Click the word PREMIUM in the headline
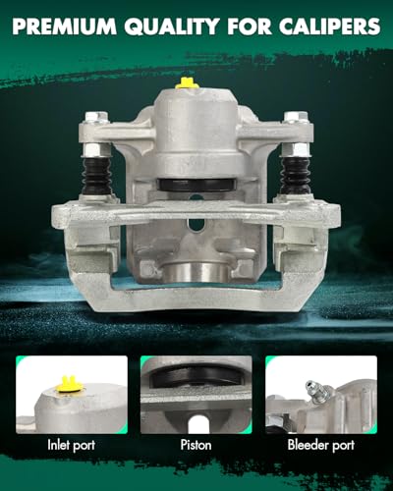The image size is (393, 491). pyautogui.click(x=65, y=27)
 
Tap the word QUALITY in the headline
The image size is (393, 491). pyautogui.click(x=172, y=27)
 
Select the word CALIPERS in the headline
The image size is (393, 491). pyautogui.click(x=330, y=27)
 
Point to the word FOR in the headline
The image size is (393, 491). pyautogui.click(x=250, y=27)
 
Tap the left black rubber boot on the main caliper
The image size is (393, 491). pyautogui.click(x=95, y=175)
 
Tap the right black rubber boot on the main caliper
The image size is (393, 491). pyautogui.click(x=294, y=175)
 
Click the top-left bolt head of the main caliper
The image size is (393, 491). pyautogui.click(x=96, y=117)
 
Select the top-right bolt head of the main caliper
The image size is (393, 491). pyautogui.click(x=296, y=117)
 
